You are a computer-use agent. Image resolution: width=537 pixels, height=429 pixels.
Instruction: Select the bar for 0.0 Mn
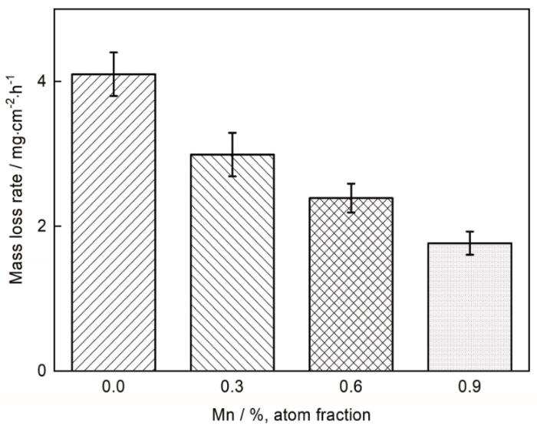pos(114,223)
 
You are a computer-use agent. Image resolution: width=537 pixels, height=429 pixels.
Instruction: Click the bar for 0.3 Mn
pos(232,262)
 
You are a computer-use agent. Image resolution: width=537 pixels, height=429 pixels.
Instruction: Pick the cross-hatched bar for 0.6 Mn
pos(351,285)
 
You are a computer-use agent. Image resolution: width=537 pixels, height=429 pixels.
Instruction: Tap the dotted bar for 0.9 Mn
pos(469,307)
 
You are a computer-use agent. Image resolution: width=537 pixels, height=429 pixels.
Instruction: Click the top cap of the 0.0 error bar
pos(114,52)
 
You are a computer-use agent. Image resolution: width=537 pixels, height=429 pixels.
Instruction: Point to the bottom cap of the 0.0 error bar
pos(114,96)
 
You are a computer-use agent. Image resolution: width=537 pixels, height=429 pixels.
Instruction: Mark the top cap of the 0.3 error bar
pos(232,133)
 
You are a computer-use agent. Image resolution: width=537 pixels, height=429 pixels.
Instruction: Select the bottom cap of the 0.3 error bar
pos(232,176)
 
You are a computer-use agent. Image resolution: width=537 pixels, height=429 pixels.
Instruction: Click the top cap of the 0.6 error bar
pos(351,183)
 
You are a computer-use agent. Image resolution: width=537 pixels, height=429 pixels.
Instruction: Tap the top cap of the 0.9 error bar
pos(469,232)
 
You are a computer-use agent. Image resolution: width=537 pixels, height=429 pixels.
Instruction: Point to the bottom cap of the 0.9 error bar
pos(469,255)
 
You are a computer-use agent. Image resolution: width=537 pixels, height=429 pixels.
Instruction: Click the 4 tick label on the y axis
pos(42,81)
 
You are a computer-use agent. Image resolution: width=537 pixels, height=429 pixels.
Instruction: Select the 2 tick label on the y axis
pos(42,226)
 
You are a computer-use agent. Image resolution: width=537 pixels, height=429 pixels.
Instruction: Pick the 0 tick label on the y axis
pos(42,371)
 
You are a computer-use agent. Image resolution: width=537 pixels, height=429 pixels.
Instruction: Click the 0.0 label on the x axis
pos(114,388)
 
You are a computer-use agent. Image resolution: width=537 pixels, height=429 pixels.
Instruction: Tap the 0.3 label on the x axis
pos(232,388)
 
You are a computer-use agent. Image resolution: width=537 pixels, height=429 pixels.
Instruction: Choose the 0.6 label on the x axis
pos(351,388)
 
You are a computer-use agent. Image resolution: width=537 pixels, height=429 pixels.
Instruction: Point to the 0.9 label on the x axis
pos(469,388)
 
